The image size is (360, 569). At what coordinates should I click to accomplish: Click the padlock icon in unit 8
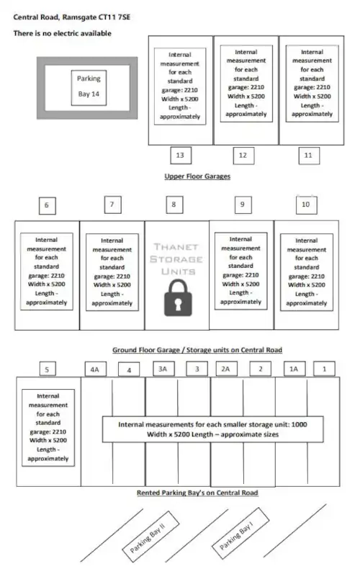tap(178, 297)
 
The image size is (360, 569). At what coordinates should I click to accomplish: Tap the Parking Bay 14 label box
tap(89, 88)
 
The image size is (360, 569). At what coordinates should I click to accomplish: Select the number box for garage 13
tap(181, 156)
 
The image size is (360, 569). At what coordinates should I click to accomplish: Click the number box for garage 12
tap(243, 156)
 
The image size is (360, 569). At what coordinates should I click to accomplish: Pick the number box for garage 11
tap(309, 156)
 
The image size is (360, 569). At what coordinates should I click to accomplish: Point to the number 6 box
tap(48, 205)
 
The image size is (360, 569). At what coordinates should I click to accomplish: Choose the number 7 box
tap(112, 205)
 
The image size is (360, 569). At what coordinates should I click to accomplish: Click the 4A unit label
tap(95, 369)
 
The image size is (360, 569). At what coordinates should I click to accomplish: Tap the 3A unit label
tap(163, 369)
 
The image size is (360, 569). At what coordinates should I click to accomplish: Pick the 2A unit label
tap(226, 369)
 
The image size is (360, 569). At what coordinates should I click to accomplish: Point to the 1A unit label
tap(294, 369)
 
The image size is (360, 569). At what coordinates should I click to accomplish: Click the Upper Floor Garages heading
tap(197, 176)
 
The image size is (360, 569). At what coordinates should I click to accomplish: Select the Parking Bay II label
tap(150, 532)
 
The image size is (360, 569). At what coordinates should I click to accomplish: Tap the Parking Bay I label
tap(240, 530)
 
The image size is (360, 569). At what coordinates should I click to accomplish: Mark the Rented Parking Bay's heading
tap(197, 493)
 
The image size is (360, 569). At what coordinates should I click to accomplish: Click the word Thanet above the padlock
tap(176, 247)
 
